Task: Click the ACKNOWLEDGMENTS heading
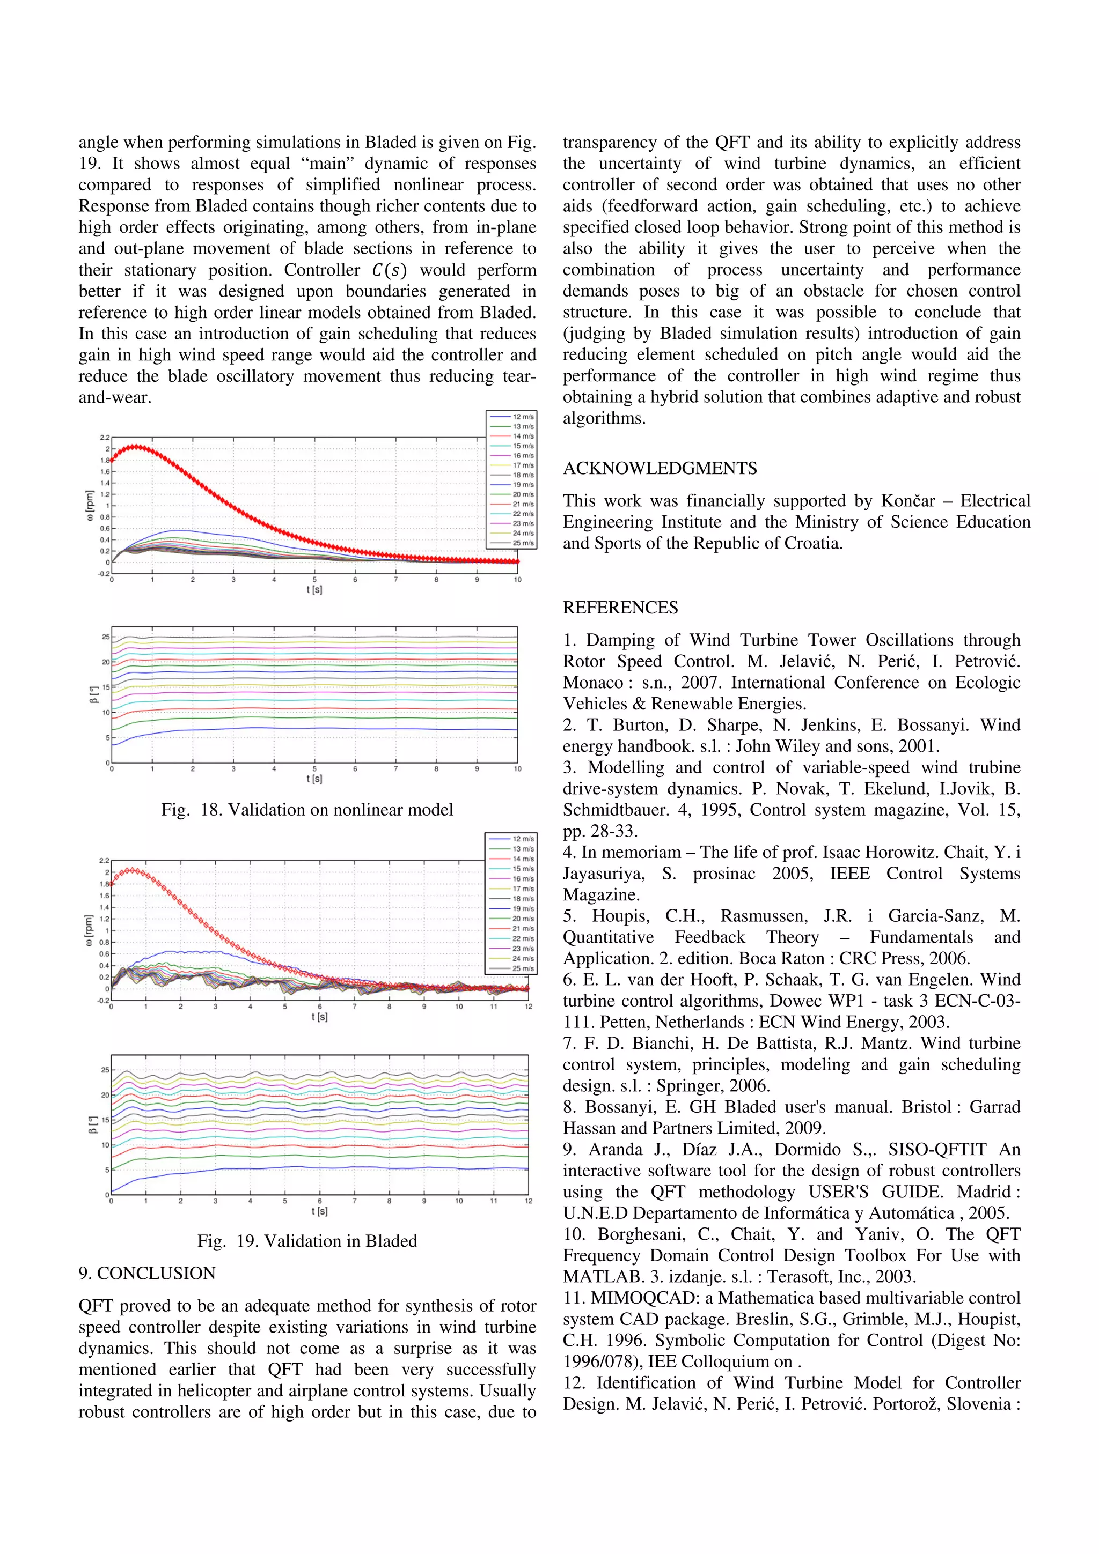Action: point(660,468)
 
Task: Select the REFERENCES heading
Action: point(620,608)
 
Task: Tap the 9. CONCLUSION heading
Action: point(147,1273)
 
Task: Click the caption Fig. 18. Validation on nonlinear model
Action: point(307,810)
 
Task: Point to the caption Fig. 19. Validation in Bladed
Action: point(307,1241)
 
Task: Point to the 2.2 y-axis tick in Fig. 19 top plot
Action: point(104,860)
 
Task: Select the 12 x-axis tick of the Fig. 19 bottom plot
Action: point(528,1201)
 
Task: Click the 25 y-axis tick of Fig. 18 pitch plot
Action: point(105,637)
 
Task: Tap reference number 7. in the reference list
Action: point(569,1044)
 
